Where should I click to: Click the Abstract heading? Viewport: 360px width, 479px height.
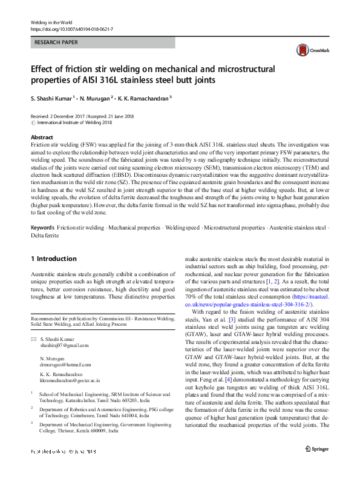click(x=42, y=138)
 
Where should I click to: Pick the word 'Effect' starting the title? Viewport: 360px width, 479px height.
click(x=42, y=68)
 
